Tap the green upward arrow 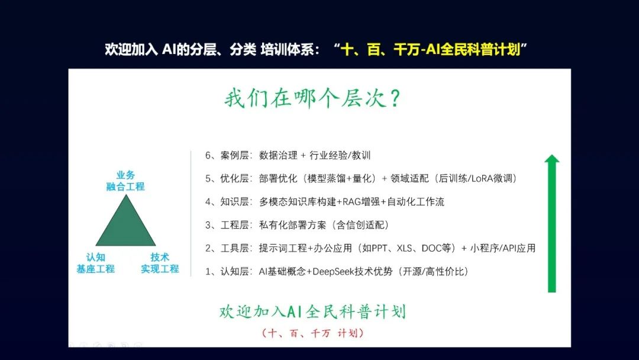(x=552, y=223)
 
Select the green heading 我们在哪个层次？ (x=312, y=98)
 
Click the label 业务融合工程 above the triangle (x=125, y=181)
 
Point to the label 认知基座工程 (x=96, y=263)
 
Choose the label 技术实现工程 (x=160, y=263)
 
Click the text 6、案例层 (x=227, y=155)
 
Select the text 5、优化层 (x=227, y=179)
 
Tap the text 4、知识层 (x=227, y=202)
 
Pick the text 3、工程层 (x=227, y=225)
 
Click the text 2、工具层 (x=227, y=248)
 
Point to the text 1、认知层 (x=227, y=272)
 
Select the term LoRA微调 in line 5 (x=493, y=179)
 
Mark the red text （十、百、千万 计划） (x=312, y=333)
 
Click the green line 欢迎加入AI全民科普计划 (x=312, y=312)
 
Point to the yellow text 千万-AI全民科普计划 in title (x=457, y=50)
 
